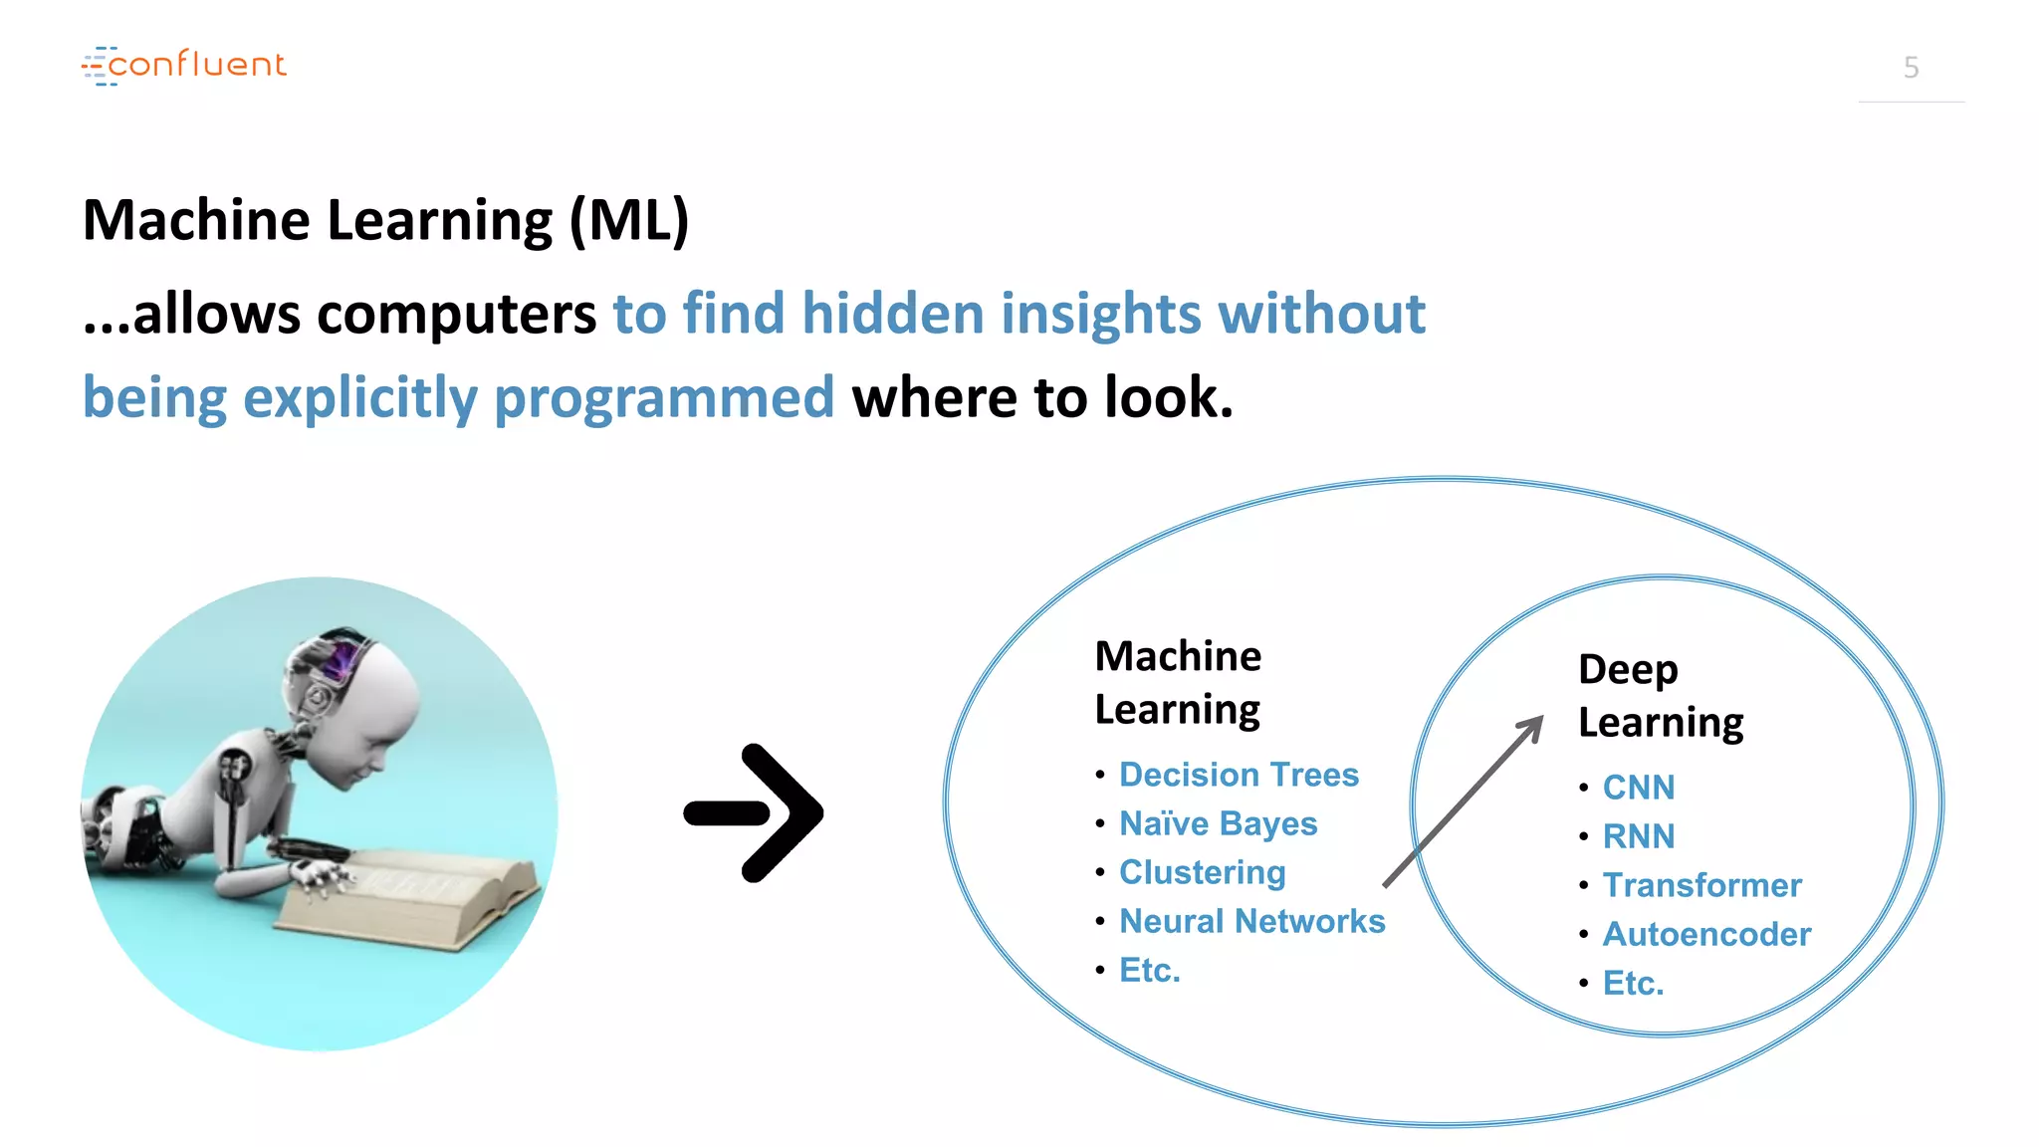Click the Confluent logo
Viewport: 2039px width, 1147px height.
[184, 65]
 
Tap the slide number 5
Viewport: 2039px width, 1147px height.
[1911, 68]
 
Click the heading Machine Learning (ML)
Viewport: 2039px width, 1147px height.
[385, 220]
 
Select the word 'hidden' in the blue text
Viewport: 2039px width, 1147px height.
[892, 314]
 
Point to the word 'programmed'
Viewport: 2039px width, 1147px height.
[664, 397]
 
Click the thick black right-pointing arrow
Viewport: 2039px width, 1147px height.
[755, 812]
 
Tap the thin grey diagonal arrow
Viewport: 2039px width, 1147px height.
[1464, 801]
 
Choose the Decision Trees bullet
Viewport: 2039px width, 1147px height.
[1239, 775]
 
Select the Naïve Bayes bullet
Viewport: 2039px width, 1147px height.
[1218, 823]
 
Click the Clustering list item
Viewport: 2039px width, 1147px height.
[1202, 872]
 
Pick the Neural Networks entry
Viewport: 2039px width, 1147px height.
[1251, 921]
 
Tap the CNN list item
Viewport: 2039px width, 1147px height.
[1638, 788]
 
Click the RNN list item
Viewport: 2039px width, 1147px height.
[1638, 836]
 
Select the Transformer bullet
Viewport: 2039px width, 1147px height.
[1701, 885]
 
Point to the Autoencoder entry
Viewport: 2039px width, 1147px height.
[1706, 934]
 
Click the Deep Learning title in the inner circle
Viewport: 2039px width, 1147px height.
[1660, 695]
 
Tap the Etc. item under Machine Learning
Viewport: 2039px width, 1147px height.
[1149, 970]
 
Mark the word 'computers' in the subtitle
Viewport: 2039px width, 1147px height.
[456, 314]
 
